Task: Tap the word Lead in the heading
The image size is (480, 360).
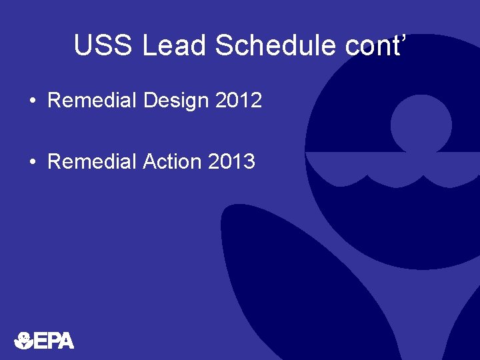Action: point(175,45)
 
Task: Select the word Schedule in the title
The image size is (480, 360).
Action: point(272,45)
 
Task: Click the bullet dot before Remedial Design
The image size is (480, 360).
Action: point(33,101)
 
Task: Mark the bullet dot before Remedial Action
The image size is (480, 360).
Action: point(33,162)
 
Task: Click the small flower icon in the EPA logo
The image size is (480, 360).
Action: point(23,340)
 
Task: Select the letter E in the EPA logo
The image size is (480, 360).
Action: point(40,341)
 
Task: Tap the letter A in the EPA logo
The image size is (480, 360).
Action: point(65,341)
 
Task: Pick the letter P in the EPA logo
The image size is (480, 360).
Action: point(53,341)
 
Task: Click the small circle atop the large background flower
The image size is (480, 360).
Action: point(421,122)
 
